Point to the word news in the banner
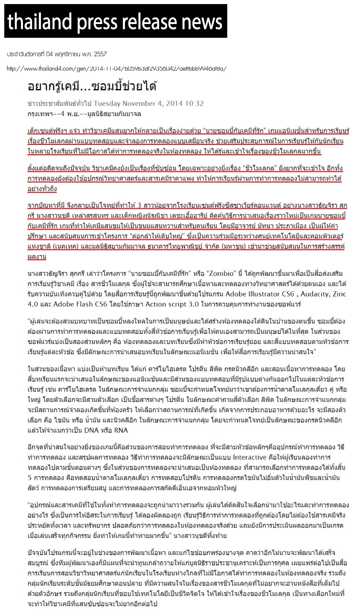pyautogui.click(x=202, y=22)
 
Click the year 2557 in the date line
pyautogui.click(x=100, y=54)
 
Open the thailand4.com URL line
pyautogui.click(x=116, y=68)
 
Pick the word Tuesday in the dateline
pyautogui.click(x=107, y=104)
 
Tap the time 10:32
pyautogui.click(x=194, y=104)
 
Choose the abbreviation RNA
pyautogui.click(x=120, y=430)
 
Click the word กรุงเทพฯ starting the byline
pyautogui.click(x=38, y=114)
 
